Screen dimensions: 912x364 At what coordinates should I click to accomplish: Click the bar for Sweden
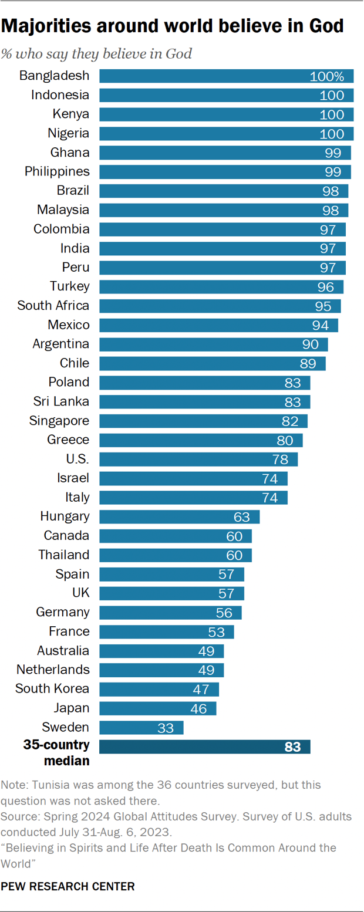point(141,728)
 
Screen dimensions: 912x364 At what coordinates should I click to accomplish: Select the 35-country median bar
point(204,747)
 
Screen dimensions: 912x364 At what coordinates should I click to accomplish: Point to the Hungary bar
point(179,516)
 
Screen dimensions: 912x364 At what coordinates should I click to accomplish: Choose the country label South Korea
point(53,689)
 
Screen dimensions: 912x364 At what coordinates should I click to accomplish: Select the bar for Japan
point(157,708)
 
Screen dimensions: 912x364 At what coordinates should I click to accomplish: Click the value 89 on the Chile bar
point(308,363)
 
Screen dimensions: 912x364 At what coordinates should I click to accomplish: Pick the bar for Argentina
point(213,344)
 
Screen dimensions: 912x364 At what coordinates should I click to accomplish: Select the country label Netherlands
point(53,670)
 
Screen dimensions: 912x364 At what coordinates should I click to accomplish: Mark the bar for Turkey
point(221,286)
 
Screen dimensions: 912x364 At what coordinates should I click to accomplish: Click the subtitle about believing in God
point(97,54)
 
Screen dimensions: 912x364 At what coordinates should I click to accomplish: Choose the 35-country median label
point(56,753)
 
